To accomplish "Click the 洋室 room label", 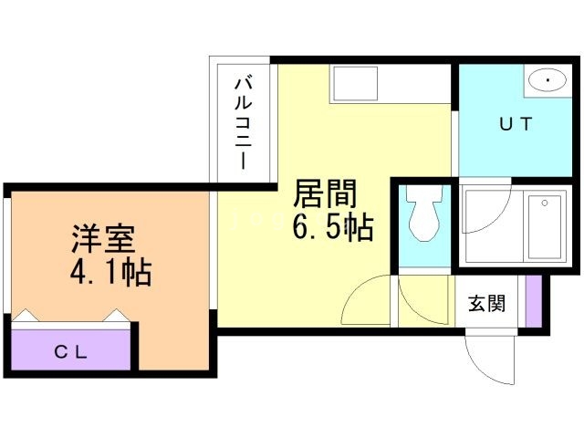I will (104, 238).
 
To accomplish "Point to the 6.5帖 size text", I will (333, 227).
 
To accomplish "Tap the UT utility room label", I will (515, 124).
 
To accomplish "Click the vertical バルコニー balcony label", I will (244, 122).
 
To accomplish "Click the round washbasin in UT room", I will (547, 81).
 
